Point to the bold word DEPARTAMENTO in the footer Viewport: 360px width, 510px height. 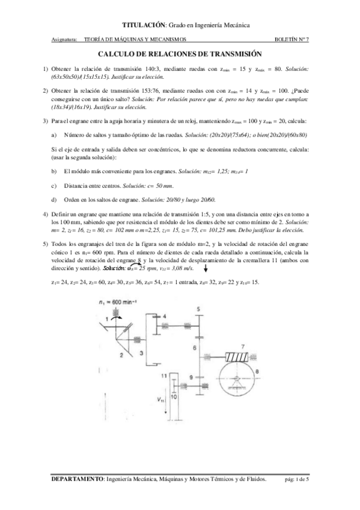[78, 479]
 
